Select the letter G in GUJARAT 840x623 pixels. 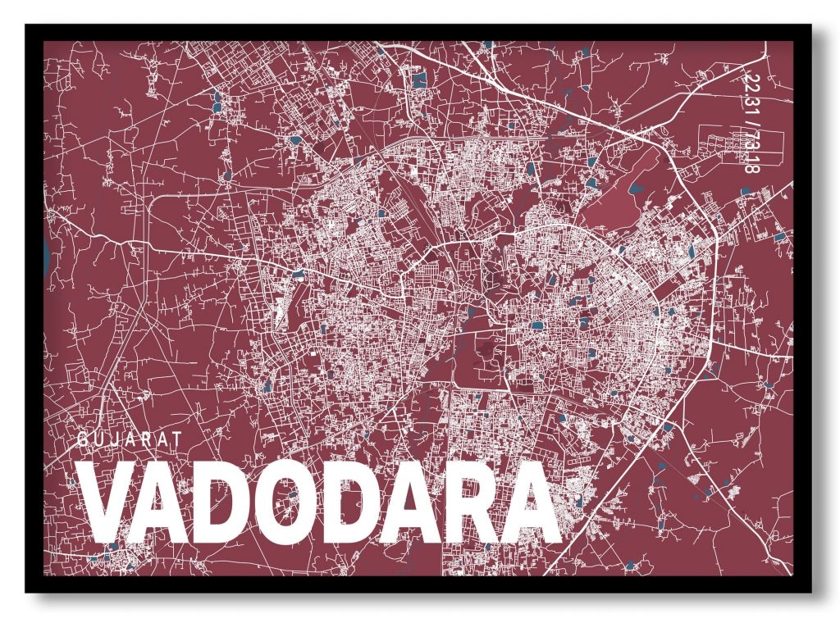pyautogui.click(x=84, y=439)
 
